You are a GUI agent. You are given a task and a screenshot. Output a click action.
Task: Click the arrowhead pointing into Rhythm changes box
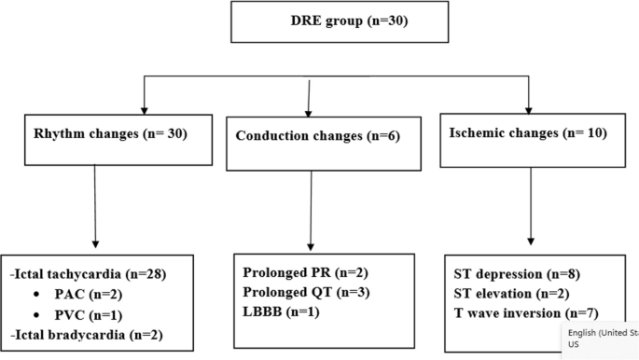(x=142, y=104)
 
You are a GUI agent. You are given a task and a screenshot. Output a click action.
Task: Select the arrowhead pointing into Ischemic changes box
(x=528, y=104)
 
